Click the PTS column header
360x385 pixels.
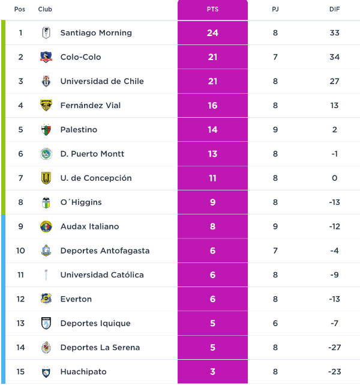click(212, 10)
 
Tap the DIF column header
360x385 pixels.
click(335, 10)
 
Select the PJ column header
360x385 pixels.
click(275, 10)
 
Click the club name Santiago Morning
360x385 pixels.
click(96, 33)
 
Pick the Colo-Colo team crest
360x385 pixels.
click(46, 57)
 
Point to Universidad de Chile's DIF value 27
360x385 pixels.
click(335, 81)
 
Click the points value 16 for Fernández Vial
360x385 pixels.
click(212, 106)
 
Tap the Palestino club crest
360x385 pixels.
click(46, 130)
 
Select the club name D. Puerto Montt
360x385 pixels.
click(92, 154)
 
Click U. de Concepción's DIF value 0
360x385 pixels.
click(335, 178)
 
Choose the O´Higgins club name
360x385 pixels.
click(80, 202)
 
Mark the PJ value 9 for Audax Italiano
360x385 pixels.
click(275, 226)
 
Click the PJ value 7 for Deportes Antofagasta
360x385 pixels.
click(275, 250)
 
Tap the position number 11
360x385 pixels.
click(20, 275)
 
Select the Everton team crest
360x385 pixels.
click(46, 299)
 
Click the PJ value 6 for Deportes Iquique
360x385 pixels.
click(275, 323)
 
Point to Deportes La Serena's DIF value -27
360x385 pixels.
click(335, 348)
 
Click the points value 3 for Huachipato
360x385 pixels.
click(212, 372)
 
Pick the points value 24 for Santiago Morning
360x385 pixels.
click(212, 33)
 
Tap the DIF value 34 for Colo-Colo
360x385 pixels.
click(335, 57)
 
